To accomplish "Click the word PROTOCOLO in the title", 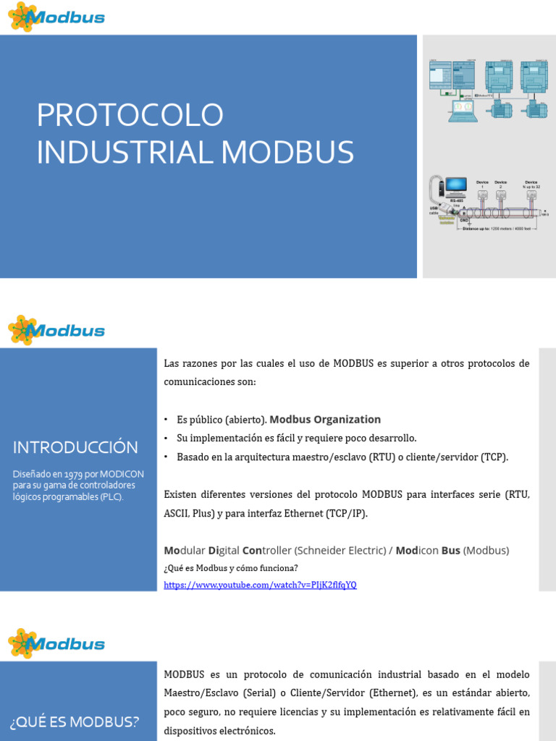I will pos(130,116).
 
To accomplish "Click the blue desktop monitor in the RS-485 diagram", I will pos(456,187).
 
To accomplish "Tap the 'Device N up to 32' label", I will pos(531,185).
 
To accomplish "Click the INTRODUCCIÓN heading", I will pos(75,447).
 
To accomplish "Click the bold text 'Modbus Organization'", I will pos(325,420).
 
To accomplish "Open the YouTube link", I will pos(260,585).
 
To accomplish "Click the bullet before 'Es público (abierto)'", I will pos(166,420).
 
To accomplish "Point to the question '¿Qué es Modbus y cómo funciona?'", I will pos(231,568).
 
